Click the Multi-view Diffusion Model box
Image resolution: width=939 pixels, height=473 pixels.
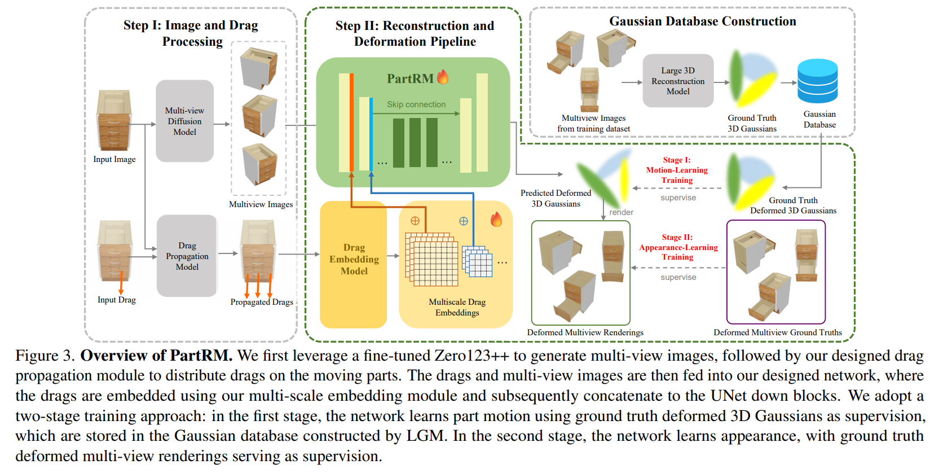(184, 121)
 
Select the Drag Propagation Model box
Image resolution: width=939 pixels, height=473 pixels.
(187, 256)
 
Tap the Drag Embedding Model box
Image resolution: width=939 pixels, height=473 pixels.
(354, 264)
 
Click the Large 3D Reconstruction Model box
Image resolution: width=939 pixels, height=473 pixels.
(678, 81)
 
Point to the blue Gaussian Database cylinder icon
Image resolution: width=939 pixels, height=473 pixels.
(817, 81)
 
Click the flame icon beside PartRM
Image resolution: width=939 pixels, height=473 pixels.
(443, 77)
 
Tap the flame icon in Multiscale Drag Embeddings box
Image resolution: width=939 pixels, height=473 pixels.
(496, 220)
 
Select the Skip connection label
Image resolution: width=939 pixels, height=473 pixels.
(416, 104)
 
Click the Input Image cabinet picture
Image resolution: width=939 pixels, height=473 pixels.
(114, 120)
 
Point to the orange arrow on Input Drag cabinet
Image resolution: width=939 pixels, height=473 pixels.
(121, 282)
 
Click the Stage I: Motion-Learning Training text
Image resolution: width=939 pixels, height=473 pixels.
(677, 170)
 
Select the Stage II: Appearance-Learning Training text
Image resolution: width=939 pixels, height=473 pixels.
(678, 247)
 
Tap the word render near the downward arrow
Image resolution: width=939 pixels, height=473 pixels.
(621, 212)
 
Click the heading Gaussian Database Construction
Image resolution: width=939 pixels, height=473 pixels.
(703, 21)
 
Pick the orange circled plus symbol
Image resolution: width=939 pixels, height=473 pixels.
(415, 221)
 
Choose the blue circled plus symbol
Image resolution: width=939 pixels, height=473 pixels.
(463, 221)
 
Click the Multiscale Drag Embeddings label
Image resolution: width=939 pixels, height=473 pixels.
(457, 307)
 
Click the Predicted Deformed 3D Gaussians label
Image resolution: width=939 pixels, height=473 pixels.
(556, 198)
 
